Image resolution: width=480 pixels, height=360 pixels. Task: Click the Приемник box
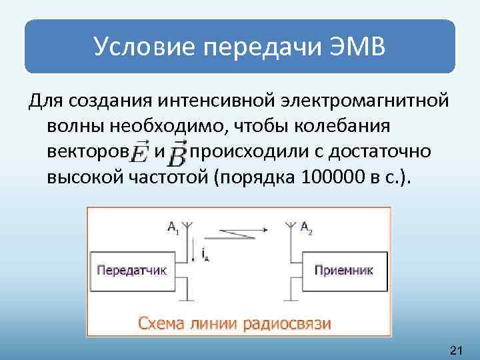(x=343, y=271)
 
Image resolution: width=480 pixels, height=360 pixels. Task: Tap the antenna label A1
(x=173, y=228)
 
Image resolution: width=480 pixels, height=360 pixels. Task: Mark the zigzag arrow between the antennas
(x=237, y=233)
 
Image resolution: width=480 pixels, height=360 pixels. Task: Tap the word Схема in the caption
(x=161, y=323)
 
